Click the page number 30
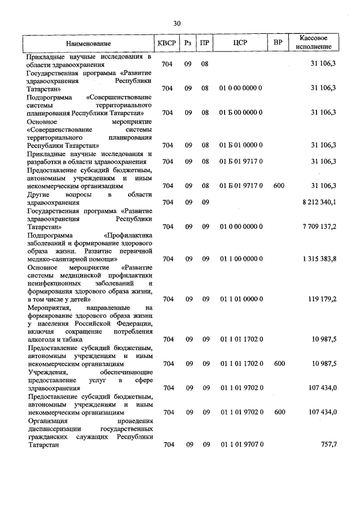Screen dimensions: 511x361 177,23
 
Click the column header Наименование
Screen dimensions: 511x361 88,43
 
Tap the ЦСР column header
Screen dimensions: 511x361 241,43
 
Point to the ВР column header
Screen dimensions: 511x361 278,43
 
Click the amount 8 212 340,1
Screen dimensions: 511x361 318,202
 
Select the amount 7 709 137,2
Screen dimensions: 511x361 318,226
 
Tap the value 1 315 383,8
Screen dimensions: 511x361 318,259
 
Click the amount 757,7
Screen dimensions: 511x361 328,445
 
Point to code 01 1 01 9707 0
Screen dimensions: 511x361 241,445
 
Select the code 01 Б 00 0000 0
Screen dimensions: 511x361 241,112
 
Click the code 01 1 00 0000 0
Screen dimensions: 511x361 241,259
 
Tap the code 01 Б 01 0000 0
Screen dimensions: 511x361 241,145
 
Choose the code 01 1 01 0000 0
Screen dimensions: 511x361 241,299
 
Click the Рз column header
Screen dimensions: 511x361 188,43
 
